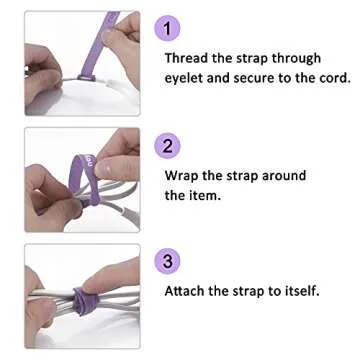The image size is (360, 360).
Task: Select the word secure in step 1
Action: click(256, 78)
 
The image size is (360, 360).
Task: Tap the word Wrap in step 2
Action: click(181, 176)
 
